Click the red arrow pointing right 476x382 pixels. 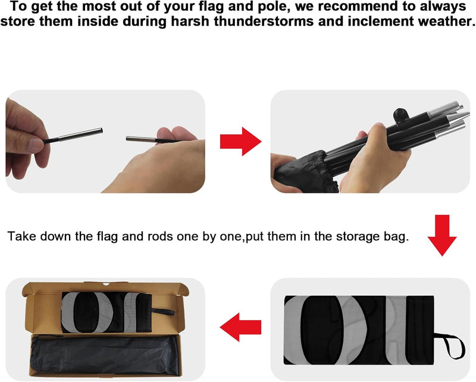tap(241, 142)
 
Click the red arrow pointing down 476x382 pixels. tap(442, 236)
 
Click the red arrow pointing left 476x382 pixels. tap(240, 327)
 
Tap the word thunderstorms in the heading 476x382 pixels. tap(264, 21)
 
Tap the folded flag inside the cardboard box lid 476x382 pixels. tap(107, 312)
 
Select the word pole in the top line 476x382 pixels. tap(273, 7)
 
